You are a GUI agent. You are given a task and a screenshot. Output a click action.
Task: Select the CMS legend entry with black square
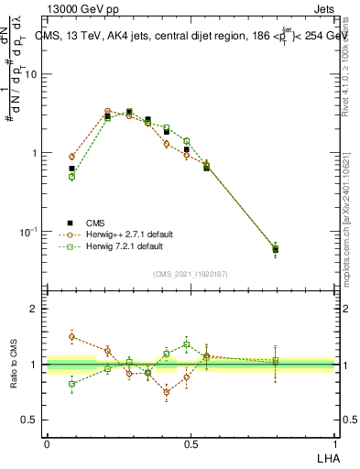(94, 223)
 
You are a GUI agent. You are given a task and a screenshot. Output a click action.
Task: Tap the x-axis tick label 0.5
(191, 444)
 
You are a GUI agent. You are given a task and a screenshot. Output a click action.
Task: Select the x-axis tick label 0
(47, 444)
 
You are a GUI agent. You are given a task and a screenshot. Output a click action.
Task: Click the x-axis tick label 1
(334, 444)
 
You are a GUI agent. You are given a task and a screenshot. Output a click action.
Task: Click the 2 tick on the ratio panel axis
(37, 310)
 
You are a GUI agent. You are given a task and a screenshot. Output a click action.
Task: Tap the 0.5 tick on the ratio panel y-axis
(32, 420)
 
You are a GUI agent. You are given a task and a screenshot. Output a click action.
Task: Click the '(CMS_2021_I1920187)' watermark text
(190, 274)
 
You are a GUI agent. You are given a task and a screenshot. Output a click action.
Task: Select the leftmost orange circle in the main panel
(72, 157)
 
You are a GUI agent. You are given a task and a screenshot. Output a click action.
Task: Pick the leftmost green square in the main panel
(72, 177)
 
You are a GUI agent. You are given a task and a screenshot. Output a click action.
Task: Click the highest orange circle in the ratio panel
(72, 336)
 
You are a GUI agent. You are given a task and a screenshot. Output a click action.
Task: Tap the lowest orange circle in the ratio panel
(167, 392)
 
